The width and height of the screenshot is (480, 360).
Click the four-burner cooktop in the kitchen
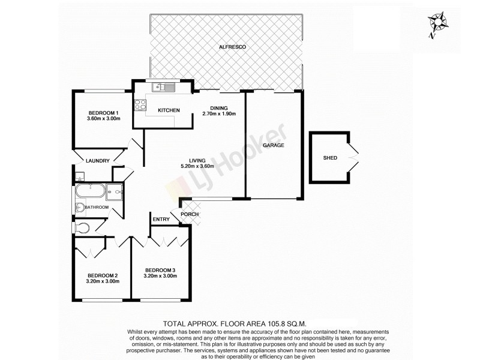coord(140,106)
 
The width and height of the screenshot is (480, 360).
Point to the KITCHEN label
coord(169,111)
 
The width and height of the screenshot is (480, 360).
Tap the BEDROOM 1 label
coord(104,113)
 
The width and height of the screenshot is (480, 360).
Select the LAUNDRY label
coord(97,161)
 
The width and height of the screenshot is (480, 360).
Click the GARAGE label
coord(272,146)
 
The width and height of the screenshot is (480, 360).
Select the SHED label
coord(329,158)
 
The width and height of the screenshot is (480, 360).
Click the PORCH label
coord(190,215)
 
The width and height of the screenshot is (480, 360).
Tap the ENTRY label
coord(161,220)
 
